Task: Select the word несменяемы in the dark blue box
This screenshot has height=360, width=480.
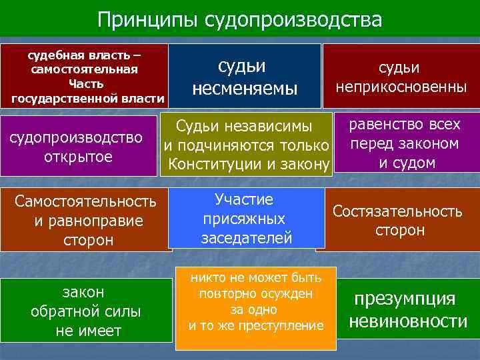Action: point(244,88)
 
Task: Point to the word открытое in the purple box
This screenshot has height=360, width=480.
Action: point(77,157)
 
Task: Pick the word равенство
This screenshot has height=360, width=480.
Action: point(379,125)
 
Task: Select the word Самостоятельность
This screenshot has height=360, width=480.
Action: point(86,201)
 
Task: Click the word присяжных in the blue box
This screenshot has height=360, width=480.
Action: point(243,219)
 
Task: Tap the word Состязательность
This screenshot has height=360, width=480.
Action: point(397,211)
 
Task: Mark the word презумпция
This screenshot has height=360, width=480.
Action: point(405,298)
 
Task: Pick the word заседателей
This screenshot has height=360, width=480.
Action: point(247,237)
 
